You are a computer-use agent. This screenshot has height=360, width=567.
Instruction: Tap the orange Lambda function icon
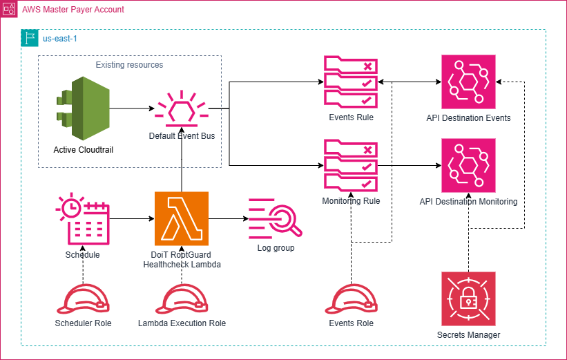click(x=182, y=218)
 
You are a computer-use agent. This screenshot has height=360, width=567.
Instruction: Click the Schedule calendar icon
click(x=82, y=220)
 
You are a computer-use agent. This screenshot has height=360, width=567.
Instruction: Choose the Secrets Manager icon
click(x=468, y=299)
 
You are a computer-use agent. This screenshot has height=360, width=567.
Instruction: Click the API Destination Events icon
click(x=468, y=82)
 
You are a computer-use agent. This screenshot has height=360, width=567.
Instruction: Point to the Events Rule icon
click(x=351, y=82)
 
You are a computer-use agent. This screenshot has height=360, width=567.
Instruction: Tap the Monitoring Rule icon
click(x=351, y=166)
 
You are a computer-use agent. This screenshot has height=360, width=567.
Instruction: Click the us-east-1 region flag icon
click(x=30, y=38)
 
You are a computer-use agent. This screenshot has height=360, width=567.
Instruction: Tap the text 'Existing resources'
click(x=129, y=65)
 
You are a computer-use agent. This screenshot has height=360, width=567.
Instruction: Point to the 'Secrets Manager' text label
click(x=468, y=335)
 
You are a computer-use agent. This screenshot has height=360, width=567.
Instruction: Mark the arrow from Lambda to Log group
click(x=228, y=219)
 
